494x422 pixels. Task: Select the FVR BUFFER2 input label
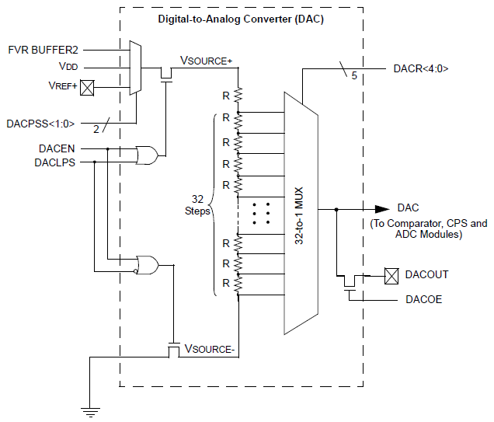pyautogui.click(x=43, y=51)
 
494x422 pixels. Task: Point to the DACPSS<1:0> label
pyautogui.click(x=41, y=123)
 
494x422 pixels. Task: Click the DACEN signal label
pyautogui.click(x=57, y=148)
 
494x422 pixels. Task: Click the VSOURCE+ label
pyautogui.click(x=206, y=61)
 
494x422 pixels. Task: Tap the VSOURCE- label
pyautogui.click(x=209, y=350)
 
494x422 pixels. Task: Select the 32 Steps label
pyautogui.click(x=197, y=204)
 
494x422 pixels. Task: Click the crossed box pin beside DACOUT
pyautogui.click(x=391, y=274)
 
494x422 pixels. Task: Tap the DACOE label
pyautogui.click(x=423, y=299)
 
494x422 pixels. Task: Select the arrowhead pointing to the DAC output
pyautogui.click(x=381, y=209)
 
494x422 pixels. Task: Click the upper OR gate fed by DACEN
pyautogui.click(x=146, y=155)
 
